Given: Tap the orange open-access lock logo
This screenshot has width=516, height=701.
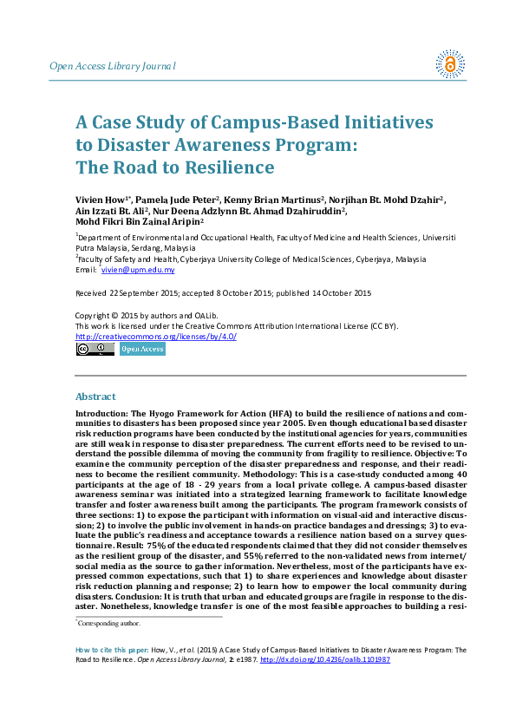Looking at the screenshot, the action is [449, 63].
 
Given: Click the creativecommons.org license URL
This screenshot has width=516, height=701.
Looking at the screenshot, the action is [156, 336].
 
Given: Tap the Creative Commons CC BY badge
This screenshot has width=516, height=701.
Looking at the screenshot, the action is [95, 349].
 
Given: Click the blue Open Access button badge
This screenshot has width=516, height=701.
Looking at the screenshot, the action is [141, 349].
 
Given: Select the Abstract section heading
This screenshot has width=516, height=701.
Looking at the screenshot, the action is [95, 396].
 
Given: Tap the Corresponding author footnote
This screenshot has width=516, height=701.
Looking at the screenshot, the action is [109, 623].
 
